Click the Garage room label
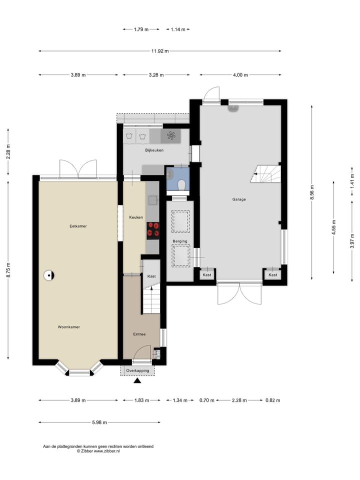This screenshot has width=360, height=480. click(x=239, y=199)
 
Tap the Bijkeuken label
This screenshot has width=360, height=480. click(x=154, y=150)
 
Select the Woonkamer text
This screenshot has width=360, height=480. click(x=69, y=327)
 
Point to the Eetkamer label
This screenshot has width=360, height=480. click(x=78, y=226)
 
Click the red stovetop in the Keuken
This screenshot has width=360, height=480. click(x=153, y=230)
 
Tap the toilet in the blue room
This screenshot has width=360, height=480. click(x=182, y=184)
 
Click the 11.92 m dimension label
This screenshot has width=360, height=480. click(x=160, y=51)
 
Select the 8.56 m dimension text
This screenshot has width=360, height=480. click(x=312, y=192)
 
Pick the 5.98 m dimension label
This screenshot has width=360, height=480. click(x=99, y=422)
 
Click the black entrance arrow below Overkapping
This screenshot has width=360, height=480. click(x=137, y=380)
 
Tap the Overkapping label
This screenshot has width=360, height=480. click(x=138, y=370)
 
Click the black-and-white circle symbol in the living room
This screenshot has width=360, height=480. click(x=49, y=275)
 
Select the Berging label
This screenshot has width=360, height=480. click(x=179, y=241)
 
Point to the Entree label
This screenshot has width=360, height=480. click(x=139, y=334)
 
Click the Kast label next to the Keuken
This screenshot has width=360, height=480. click(x=151, y=276)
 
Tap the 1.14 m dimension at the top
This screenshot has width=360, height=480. click(x=178, y=29)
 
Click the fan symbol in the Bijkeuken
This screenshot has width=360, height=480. click(x=171, y=135)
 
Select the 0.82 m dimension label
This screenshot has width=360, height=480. click(x=273, y=400)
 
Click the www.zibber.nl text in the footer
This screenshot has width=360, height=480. click(x=107, y=451)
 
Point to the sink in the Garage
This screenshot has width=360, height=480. click(x=233, y=108)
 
